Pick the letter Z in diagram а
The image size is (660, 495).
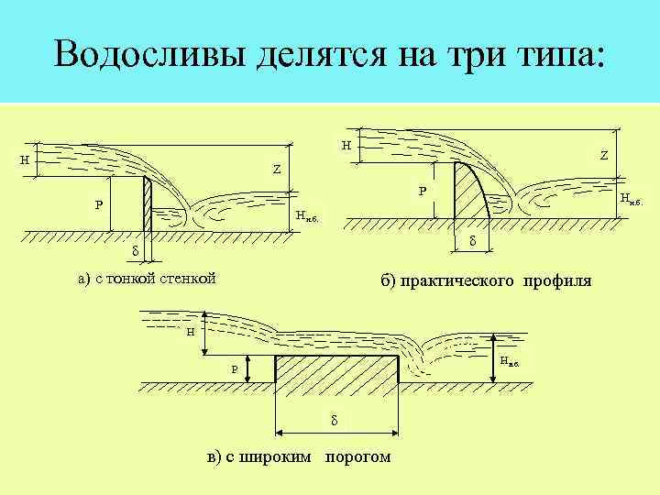(275, 170)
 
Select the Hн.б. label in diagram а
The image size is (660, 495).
(306, 216)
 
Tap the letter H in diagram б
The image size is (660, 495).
(345, 145)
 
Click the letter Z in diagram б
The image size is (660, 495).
(604, 156)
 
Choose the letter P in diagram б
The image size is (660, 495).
(422, 192)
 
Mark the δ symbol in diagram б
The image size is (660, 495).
(472, 240)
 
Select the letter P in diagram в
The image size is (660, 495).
(234, 368)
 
